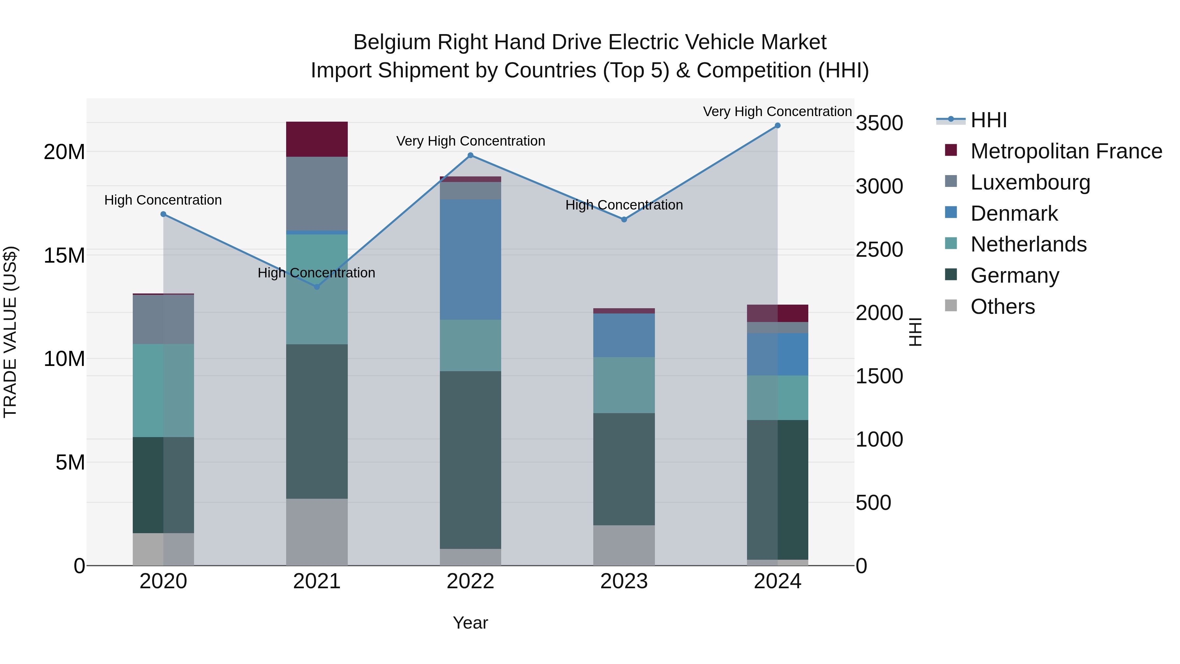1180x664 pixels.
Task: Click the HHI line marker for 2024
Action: pyautogui.click(x=777, y=126)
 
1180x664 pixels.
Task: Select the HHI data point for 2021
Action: pyautogui.click(x=317, y=287)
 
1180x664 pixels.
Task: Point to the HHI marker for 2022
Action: pyautogui.click(x=470, y=155)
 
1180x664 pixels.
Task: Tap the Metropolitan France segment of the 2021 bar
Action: pyautogui.click(x=317, y=139)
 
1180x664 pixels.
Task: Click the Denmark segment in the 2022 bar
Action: pyautogui.click(x=470, y=259)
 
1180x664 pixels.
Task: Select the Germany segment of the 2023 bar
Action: pyautogui.click(x=623, y=469)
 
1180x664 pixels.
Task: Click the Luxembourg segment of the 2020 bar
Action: pyautogui.click(x=163, y=319)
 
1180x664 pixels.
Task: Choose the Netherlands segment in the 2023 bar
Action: pyautogui.click(x=623, y=385)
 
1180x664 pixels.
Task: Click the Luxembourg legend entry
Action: pyautogui.click(x=1030, y=182)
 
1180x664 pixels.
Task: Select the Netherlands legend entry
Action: pyautogui.click(x=1028, y=244)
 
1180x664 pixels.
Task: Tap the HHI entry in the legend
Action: pyautogui.click(x=989, y=120)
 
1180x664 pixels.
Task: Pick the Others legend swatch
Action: pyautogui.click(x=951, y=306)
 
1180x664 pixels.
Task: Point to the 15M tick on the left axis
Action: pyautogui.click(x=64, y=255)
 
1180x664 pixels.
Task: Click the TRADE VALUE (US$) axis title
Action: pyautogui.click(x=10, y=332)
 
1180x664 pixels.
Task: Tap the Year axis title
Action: pyautogui.click(x=470, y=623)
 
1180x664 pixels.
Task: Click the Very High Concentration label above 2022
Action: pyautogui.click(x=470, y=141)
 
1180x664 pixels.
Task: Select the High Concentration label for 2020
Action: pyautogui.click(x=163, y=200)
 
